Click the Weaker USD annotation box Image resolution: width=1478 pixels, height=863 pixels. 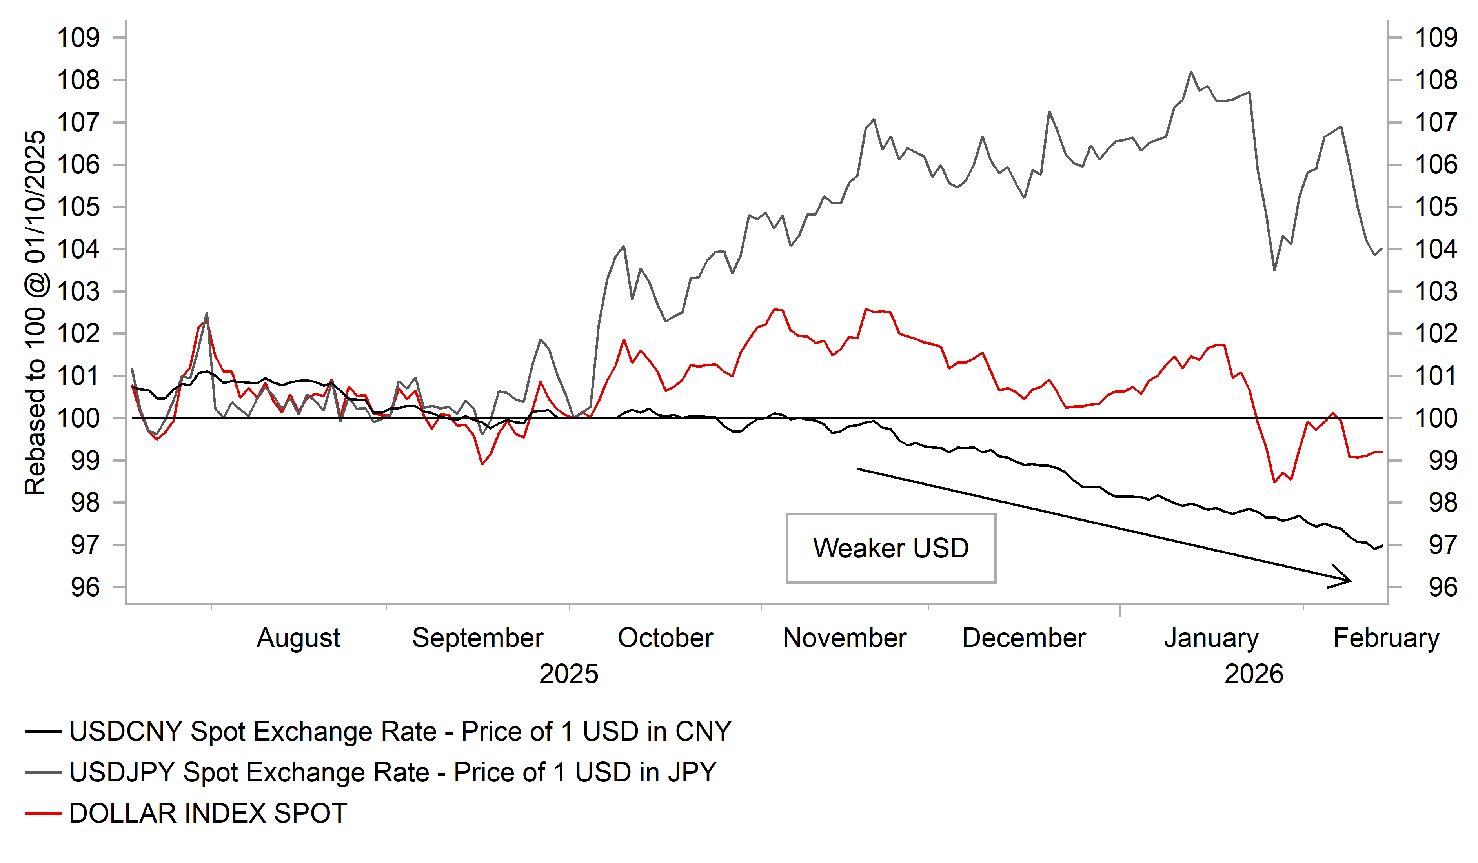pyautogui.click(x=891, y=548)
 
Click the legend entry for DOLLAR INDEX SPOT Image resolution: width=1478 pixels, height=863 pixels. pyautogui.click(x=208, y=814)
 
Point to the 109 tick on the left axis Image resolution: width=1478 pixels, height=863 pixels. pyautogui.click(x=78, y=38)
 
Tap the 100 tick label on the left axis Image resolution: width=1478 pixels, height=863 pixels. pyautogui.click(x=78, y=418)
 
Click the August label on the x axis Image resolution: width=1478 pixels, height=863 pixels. pyautogui.click(x=299, y=638)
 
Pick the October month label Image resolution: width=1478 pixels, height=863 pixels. pyautogui.click(x=665, y=638)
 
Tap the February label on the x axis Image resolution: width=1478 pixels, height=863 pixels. pyautogui.click(x=1386, y=638)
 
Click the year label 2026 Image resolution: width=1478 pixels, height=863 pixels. pyautogui.click(x=1254, y=674)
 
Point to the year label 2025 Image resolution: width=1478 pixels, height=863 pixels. pyautogui.click(x=568, y=674)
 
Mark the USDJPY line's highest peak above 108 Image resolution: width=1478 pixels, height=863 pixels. pyautogui.click(x=1190, y=72)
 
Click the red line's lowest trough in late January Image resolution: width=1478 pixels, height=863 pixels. pyautogui.click(x=1274, y=482)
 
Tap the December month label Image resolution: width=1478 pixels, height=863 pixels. pyautogui.click(x=1024, y=638)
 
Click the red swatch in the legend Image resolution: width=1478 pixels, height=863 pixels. pyautogui.click(x=43, y=814)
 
